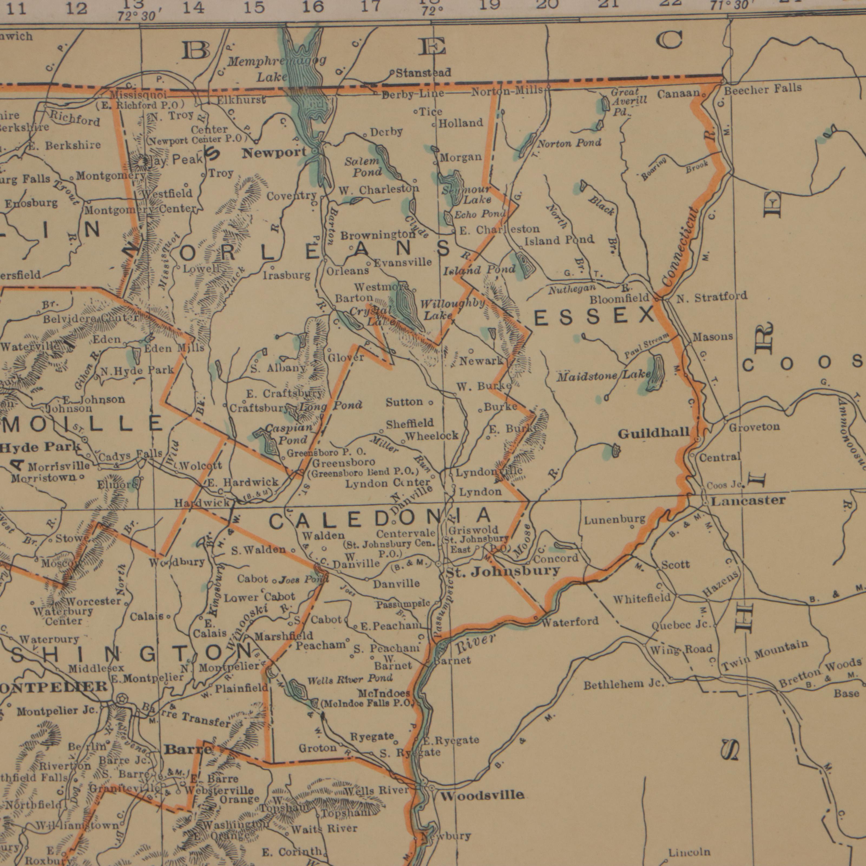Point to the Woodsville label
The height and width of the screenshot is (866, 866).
click(x=482, y=796)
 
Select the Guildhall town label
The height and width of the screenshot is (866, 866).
click(x=654, y=433)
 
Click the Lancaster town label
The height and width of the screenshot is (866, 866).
click(x=749, y=501)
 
